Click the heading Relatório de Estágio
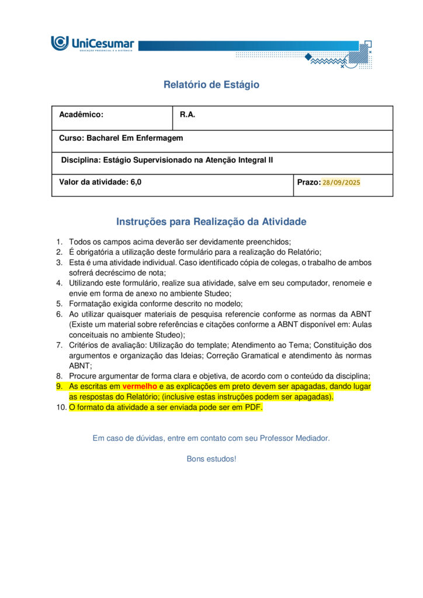point(211,85)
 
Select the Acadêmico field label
point(81,115)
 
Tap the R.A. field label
point(188,115)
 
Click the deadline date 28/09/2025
point(341,182)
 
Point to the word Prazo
point(308,182)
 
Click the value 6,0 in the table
point(136,182)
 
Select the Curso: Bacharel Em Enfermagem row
point(121,138)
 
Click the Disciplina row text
point(167,160)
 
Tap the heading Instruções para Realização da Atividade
point(211,222)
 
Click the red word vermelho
point(140,387)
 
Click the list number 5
point(59,304)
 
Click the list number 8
point(59,376)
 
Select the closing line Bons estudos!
point(211,459)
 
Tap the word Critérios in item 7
point(85,345)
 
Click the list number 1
point(59,242)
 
